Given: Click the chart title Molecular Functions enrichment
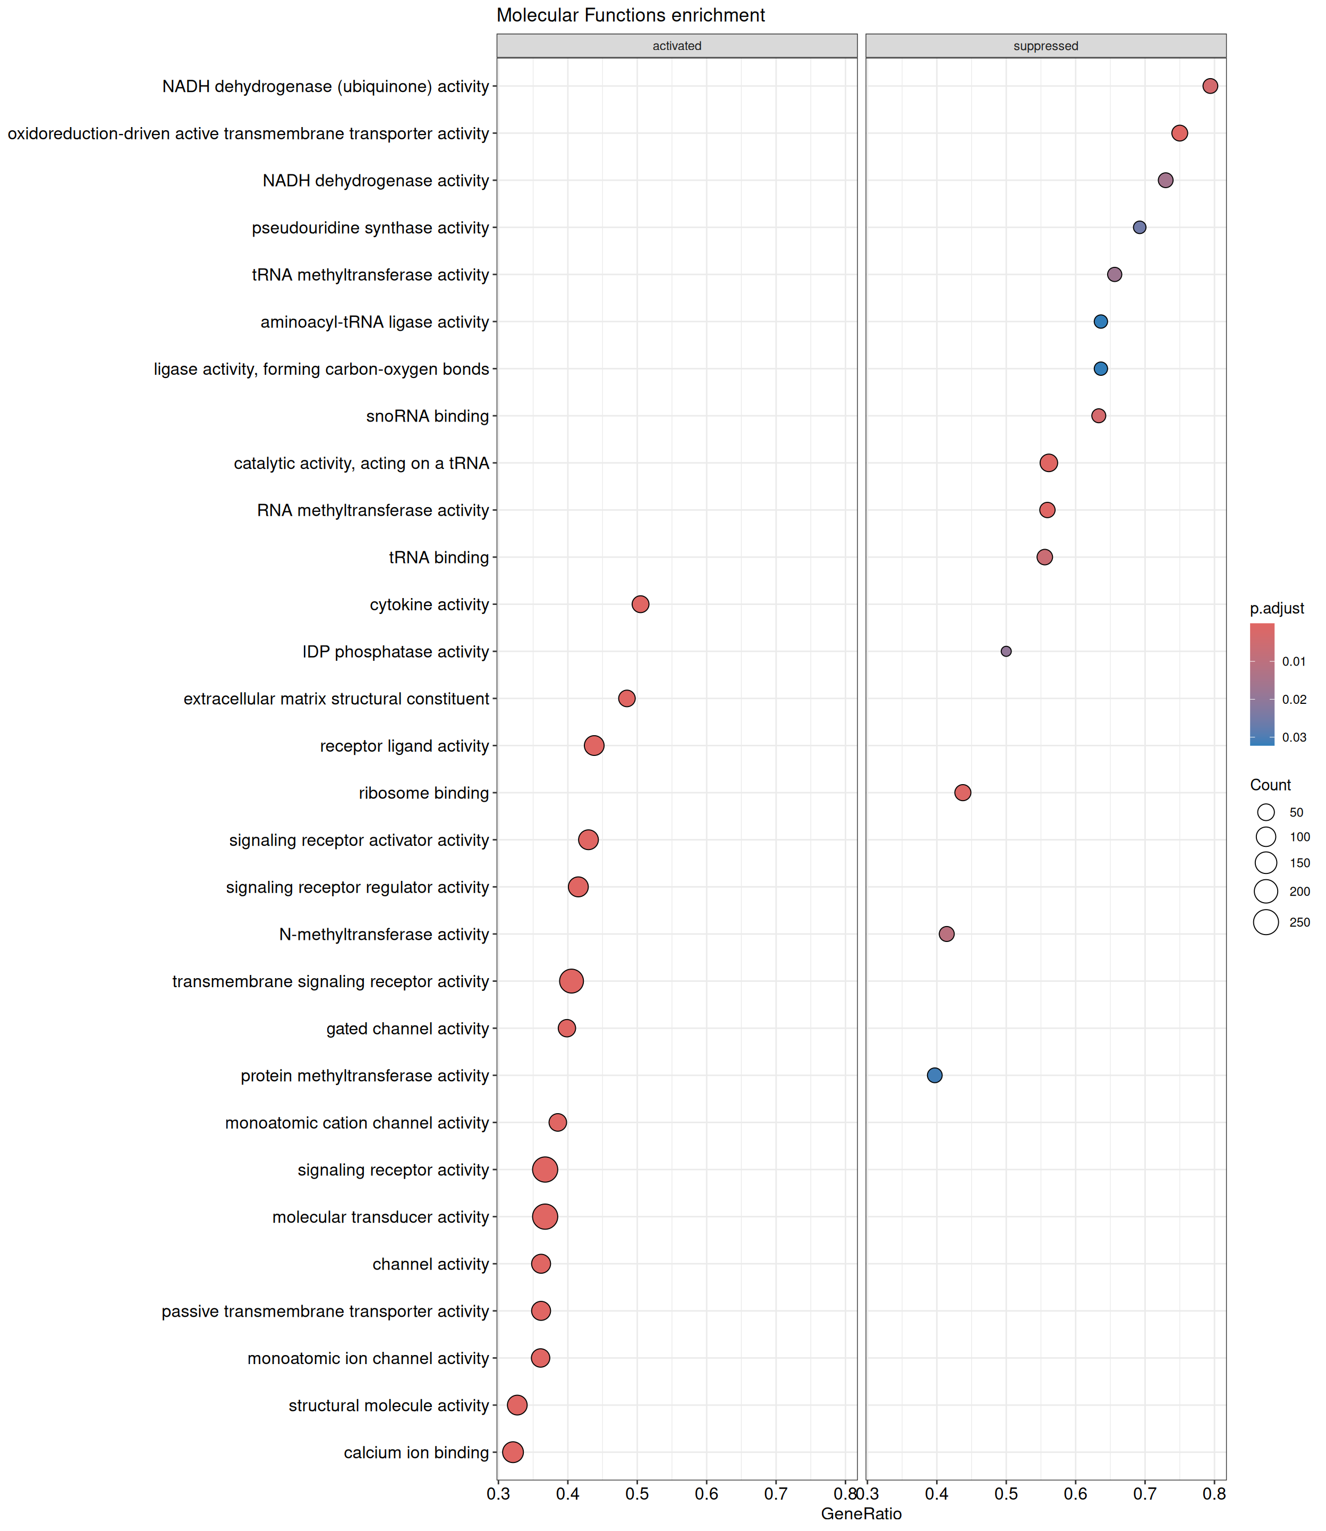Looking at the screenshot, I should pos(631,15).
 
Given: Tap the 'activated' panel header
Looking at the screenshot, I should pos(676,46).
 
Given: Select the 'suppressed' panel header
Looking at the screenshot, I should pos(1045,46).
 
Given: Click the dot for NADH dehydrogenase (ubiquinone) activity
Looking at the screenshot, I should pos(1210,86).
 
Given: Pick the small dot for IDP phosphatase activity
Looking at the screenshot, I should pos(1006,652).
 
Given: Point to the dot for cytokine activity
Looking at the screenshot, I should pos(640,604).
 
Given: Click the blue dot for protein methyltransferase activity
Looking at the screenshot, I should pos(934,1075).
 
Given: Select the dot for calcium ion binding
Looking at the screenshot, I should pos(512,1452).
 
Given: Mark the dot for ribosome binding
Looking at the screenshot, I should pos(962,793).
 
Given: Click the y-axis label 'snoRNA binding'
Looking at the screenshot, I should pos(428,416).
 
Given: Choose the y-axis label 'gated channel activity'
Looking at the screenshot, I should pos(407,1028).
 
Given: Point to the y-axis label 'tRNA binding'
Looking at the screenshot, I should pos(439,558).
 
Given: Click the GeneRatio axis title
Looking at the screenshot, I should pos(861,1513).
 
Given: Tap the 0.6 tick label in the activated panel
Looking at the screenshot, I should pos(706,1493).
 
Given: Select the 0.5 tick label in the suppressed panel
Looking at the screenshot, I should pos(1006,1493).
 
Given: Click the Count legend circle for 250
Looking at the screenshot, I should pos(1266,922).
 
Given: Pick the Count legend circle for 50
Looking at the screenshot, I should pos(1266,812).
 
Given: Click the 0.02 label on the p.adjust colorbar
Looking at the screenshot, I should pos(1294,699).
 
